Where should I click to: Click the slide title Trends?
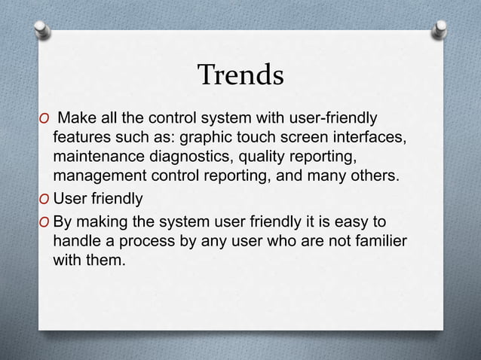(240, 75)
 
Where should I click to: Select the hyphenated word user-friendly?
(334, 118)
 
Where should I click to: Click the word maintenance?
(95, 157)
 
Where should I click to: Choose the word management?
(97, 177)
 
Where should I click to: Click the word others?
(346, 177)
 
